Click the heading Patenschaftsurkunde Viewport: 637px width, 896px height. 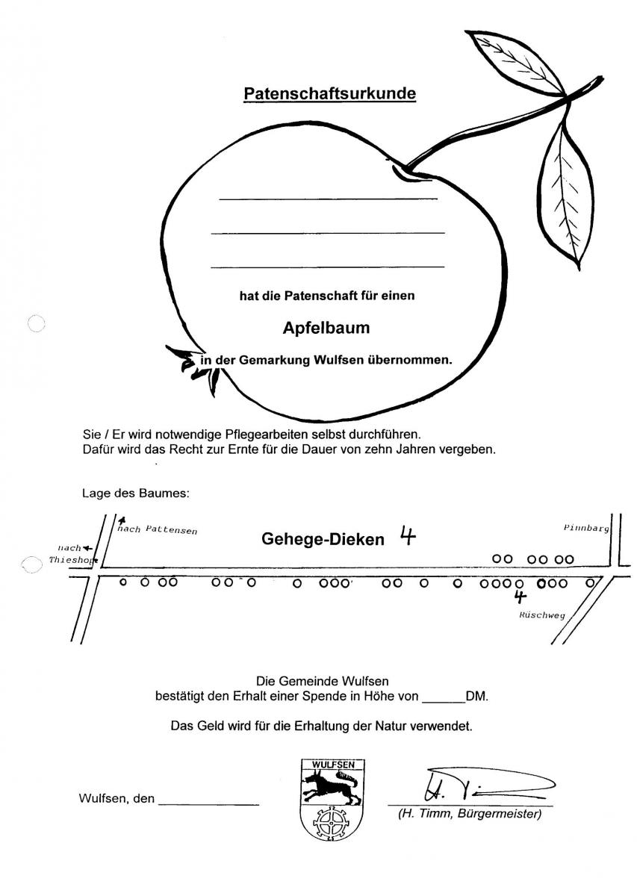click(330, 93)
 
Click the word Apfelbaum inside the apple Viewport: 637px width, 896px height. click(326, 328)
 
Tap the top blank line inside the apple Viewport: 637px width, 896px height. click(328, 199)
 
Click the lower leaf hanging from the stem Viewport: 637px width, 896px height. click(564, 196)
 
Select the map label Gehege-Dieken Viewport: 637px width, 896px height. click(323, 539)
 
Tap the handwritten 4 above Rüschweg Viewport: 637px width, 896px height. click(521, 597)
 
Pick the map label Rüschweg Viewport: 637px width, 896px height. click(541, 615)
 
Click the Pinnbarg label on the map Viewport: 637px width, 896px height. click(586, 529)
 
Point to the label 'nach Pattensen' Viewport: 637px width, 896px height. click(158, 530)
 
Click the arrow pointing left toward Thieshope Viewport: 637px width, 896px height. click(87, 548)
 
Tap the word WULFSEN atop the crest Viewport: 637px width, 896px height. click(333, 765)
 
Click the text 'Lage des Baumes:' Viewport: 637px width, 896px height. click(136, 494)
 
